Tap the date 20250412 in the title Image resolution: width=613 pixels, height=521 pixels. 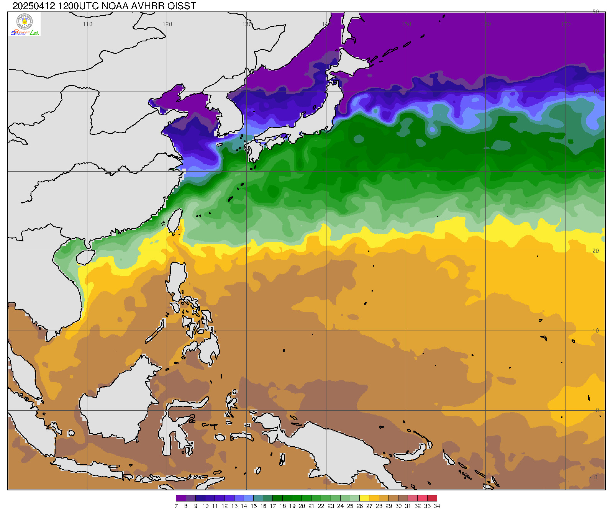(34, 6)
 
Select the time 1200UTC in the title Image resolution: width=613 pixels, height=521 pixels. (79, 6)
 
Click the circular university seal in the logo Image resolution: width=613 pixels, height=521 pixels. (25, 21)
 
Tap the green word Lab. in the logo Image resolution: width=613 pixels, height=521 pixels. (35, 33)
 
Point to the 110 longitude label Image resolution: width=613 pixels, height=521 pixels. (88, 24)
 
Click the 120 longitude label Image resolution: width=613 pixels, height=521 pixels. (167, 24)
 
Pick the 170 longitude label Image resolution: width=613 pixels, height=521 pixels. (565, 24)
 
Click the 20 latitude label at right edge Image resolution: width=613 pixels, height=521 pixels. (595, 251)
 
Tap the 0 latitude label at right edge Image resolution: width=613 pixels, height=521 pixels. (597, 410)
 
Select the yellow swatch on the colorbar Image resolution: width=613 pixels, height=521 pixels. (364, 498)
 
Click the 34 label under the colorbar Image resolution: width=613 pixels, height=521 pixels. (437, 506)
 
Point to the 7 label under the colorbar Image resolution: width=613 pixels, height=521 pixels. (176, 506)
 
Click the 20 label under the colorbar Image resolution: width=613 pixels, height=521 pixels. (302, 506)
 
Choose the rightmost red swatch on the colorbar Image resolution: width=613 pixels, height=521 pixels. (432, 498)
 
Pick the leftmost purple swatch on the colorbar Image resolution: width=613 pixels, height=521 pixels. (181, 498)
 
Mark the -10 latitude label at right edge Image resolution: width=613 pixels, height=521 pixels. (594, 477)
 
